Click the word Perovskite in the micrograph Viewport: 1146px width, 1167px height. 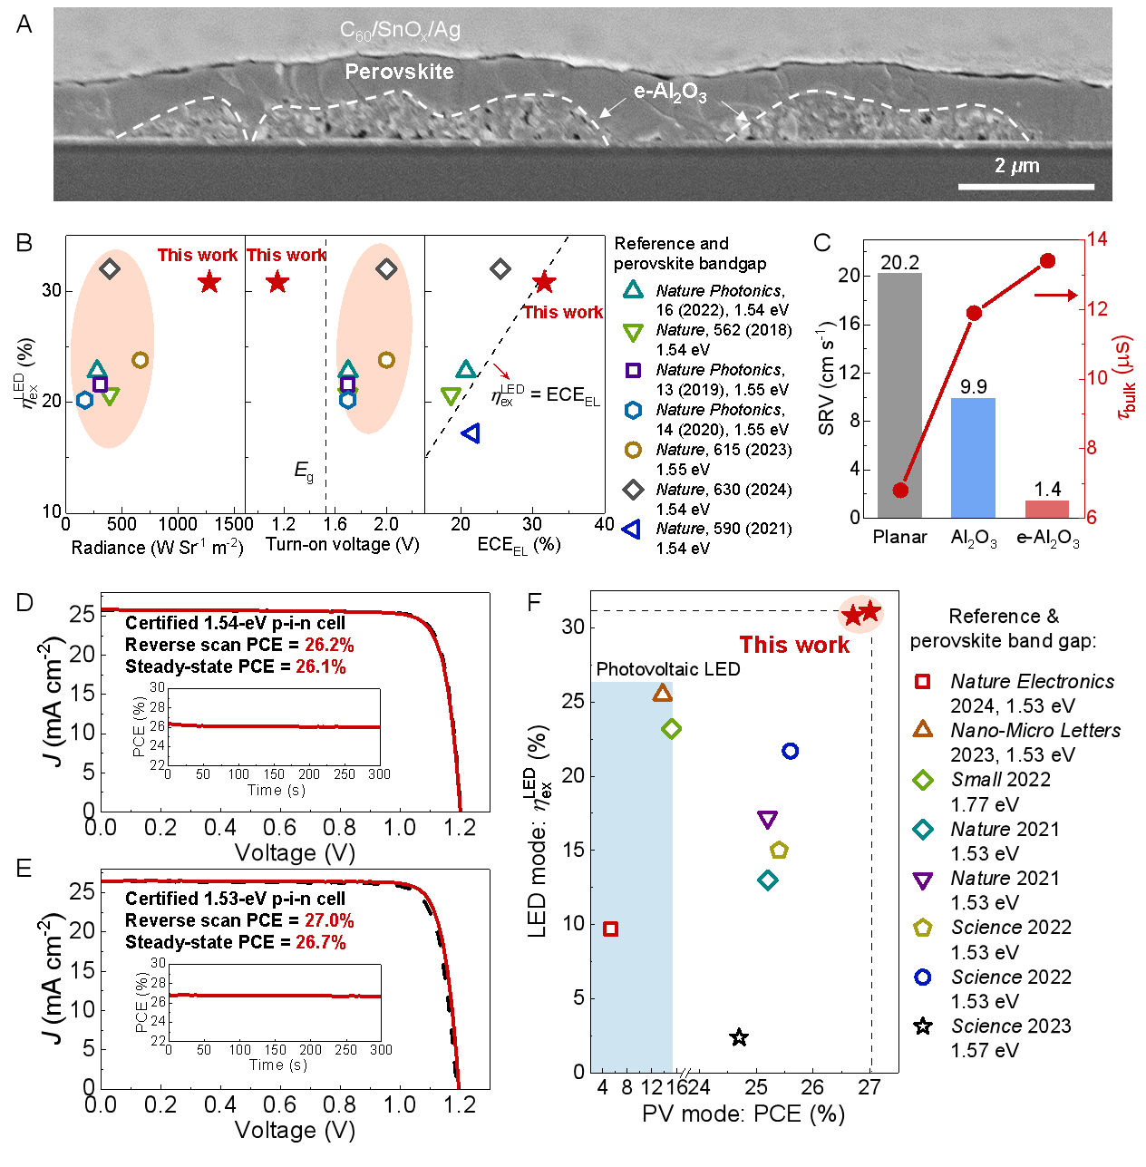pyautogui.click(x=399, y=72)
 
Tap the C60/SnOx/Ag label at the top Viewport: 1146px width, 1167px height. pyautogui.click(x=400, y=30)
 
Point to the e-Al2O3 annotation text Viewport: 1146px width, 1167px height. pyautogui.click(x=670, y=92)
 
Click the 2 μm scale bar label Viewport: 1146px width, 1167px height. pyautogui.click(x=1016, y=166)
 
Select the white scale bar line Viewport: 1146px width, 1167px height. pyautogui.click(x=1025, y=187)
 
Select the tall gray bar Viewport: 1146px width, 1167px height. pyautogui.click(x=899, y=394)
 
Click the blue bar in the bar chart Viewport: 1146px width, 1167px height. pyautogui.click(x=973, y=458)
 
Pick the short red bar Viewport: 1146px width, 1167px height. pyautogui.click(x=1047, y=509)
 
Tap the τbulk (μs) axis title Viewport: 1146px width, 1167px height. pyautogui.click(x=1125, y=377)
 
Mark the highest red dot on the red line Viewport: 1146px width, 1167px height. pyautogui.click(x=1047, y=261)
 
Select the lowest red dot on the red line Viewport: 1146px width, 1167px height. pyautogui.click(x=900, y=491)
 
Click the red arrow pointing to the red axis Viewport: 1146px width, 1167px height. pyautogui.click(x=1055, y=296)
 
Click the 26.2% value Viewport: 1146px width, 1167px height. pyautogui.click(x=329, y=646)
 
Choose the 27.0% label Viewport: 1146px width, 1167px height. pyautogui.click(x=329, y=921)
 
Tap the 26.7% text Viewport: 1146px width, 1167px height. pyautogui.click(x=321, y=943)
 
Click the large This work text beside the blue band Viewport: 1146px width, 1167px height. pyautogui.click(x=794, y=645)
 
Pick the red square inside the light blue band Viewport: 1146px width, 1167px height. pyautogui.click(x=610, y=929)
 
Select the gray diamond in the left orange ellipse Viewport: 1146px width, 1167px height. pyautogui.click(x=110, y=268)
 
